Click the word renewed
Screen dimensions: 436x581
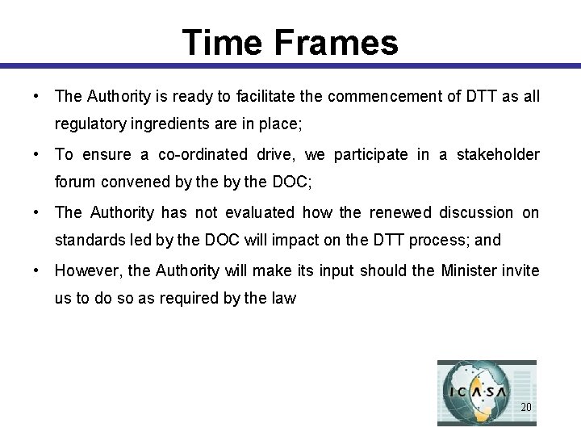[x=401, y=212]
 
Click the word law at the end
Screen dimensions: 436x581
[x=284, y=298]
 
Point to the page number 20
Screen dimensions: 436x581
[x=525, y=407]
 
